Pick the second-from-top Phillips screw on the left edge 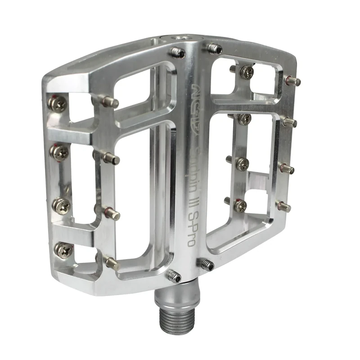pos(59,153)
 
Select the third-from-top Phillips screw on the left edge pos(61,206)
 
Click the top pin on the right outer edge pos(293,81)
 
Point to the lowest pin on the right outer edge pos(283,207)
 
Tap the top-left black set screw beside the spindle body pos(178,53)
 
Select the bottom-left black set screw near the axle pos(174,275)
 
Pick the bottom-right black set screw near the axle pos(207,265)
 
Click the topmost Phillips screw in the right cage pos(246,72)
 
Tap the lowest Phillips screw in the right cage pos(240,205)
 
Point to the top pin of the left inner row pos(109,102)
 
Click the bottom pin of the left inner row pos(111,262)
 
